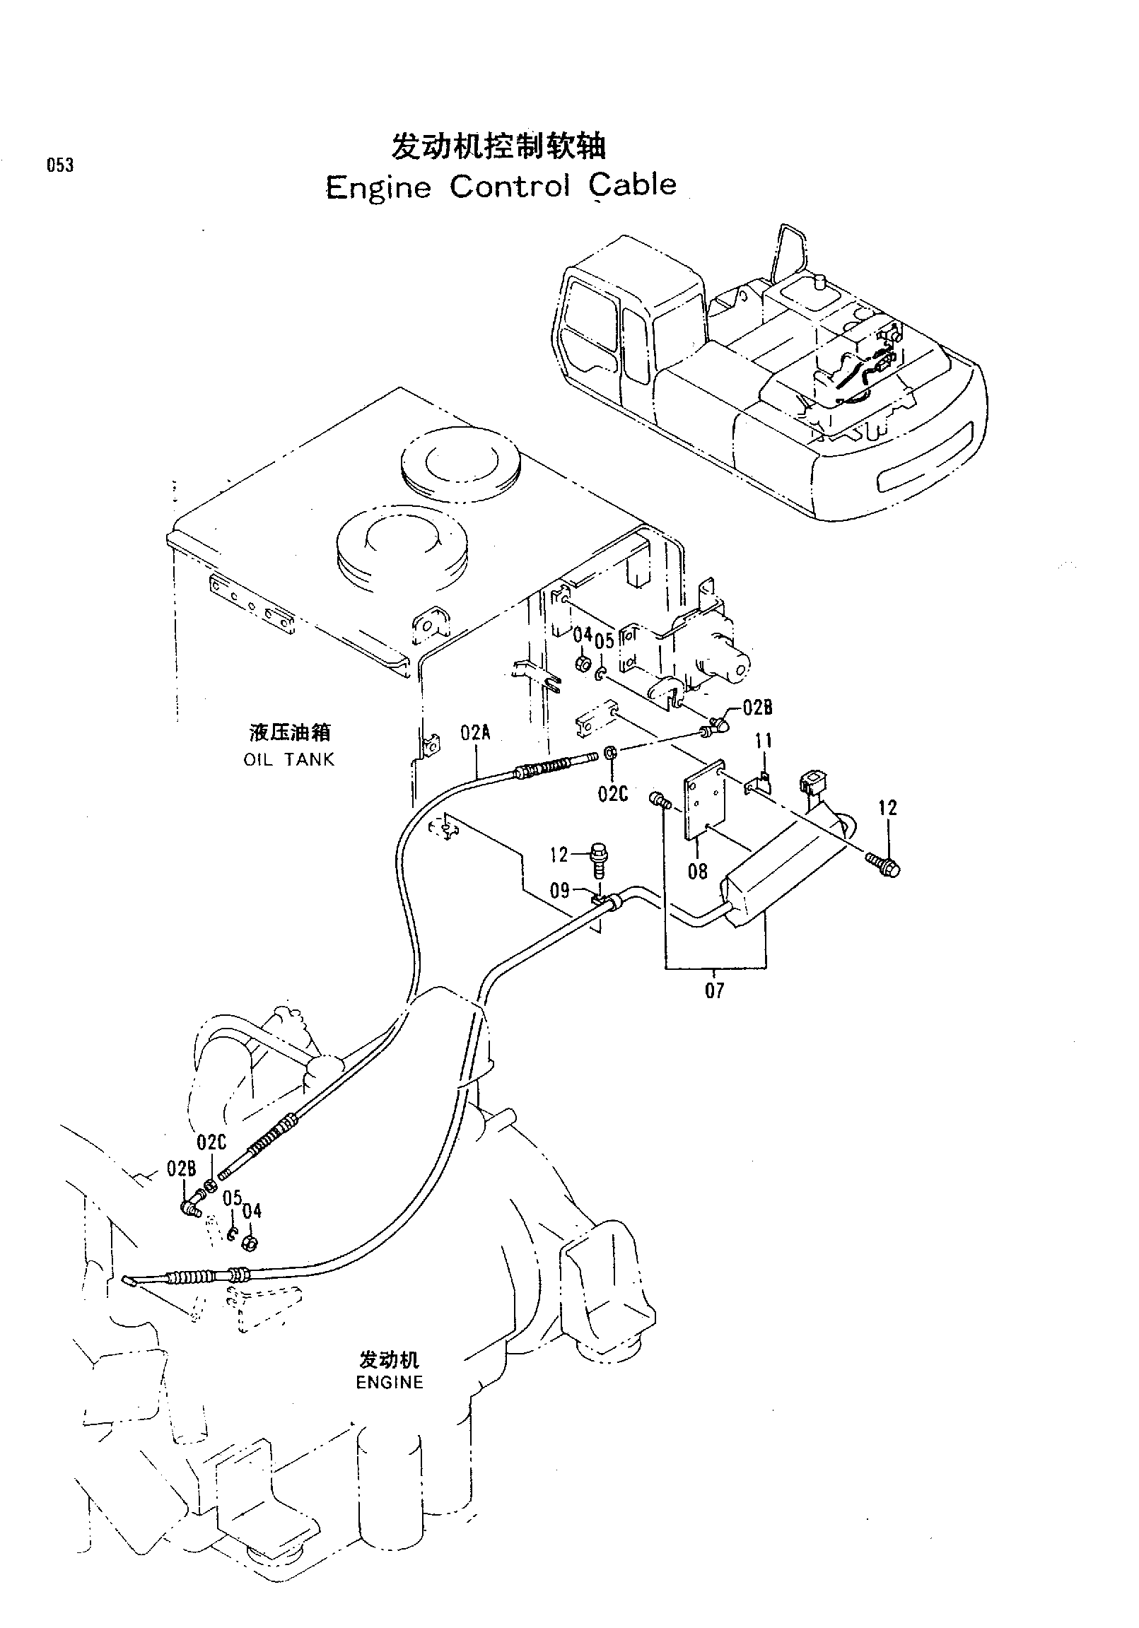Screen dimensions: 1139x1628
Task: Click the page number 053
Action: coord(60,165)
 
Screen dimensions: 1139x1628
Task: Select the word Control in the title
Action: coord(510,186)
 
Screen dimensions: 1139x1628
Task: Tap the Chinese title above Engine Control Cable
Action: coord(498,147)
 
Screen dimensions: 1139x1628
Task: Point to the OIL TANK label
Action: coord(288,759)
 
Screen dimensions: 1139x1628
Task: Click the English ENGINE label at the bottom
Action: coord(390,1382)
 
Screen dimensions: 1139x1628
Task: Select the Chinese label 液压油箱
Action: coord(289,732)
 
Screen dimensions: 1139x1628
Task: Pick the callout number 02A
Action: coord(475,732)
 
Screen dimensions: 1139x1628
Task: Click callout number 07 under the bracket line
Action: coord(715,990)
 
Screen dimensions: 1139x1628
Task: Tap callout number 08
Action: coord(698,871)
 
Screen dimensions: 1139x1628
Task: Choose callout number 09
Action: coord(560,890)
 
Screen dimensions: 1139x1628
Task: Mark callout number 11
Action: coord(764,742)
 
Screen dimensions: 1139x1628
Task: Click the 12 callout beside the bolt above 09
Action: coord(559,855)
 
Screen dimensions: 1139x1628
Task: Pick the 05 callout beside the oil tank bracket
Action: coord(604,642)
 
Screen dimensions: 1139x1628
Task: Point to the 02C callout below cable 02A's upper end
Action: coord(613,793)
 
